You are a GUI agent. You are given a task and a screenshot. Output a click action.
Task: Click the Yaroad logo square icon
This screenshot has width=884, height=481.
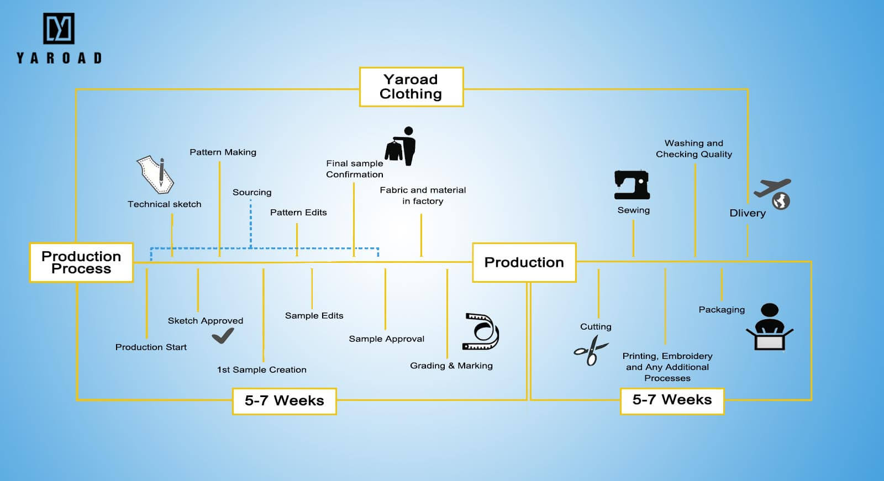tap(59, 29)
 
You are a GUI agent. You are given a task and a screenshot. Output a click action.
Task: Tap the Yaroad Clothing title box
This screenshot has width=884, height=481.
tap(411, 87)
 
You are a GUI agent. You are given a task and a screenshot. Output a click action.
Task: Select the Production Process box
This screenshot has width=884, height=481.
tap(81, 262)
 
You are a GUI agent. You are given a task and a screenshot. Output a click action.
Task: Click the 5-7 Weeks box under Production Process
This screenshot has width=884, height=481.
tap(284, 400)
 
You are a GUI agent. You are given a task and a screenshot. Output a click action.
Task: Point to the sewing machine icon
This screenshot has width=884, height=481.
tap(632, 184)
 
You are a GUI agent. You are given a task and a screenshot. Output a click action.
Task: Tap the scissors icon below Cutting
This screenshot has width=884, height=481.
tap(590, 351)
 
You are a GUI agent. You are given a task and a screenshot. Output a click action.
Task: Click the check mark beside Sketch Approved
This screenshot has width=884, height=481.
tap(223, 335)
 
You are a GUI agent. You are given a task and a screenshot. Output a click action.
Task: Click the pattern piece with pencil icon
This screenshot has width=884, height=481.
tap(155, 175)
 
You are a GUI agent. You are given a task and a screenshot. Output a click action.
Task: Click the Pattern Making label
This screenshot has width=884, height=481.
tap(223, 152)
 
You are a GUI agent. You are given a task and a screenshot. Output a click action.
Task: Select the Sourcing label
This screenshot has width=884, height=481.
tap(252, 193)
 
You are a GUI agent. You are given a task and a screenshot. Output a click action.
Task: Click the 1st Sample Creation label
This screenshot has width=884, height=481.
tap(261, 370)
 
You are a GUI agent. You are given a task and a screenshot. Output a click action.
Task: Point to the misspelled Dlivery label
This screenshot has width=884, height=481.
tap(747, 213)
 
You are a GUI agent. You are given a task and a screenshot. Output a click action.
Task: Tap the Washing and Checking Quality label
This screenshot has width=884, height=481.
tap(693, 149)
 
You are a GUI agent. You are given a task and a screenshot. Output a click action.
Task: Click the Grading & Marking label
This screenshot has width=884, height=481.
tap(451, 366)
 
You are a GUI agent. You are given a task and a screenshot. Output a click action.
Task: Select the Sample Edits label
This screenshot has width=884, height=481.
tap(314, 316)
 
